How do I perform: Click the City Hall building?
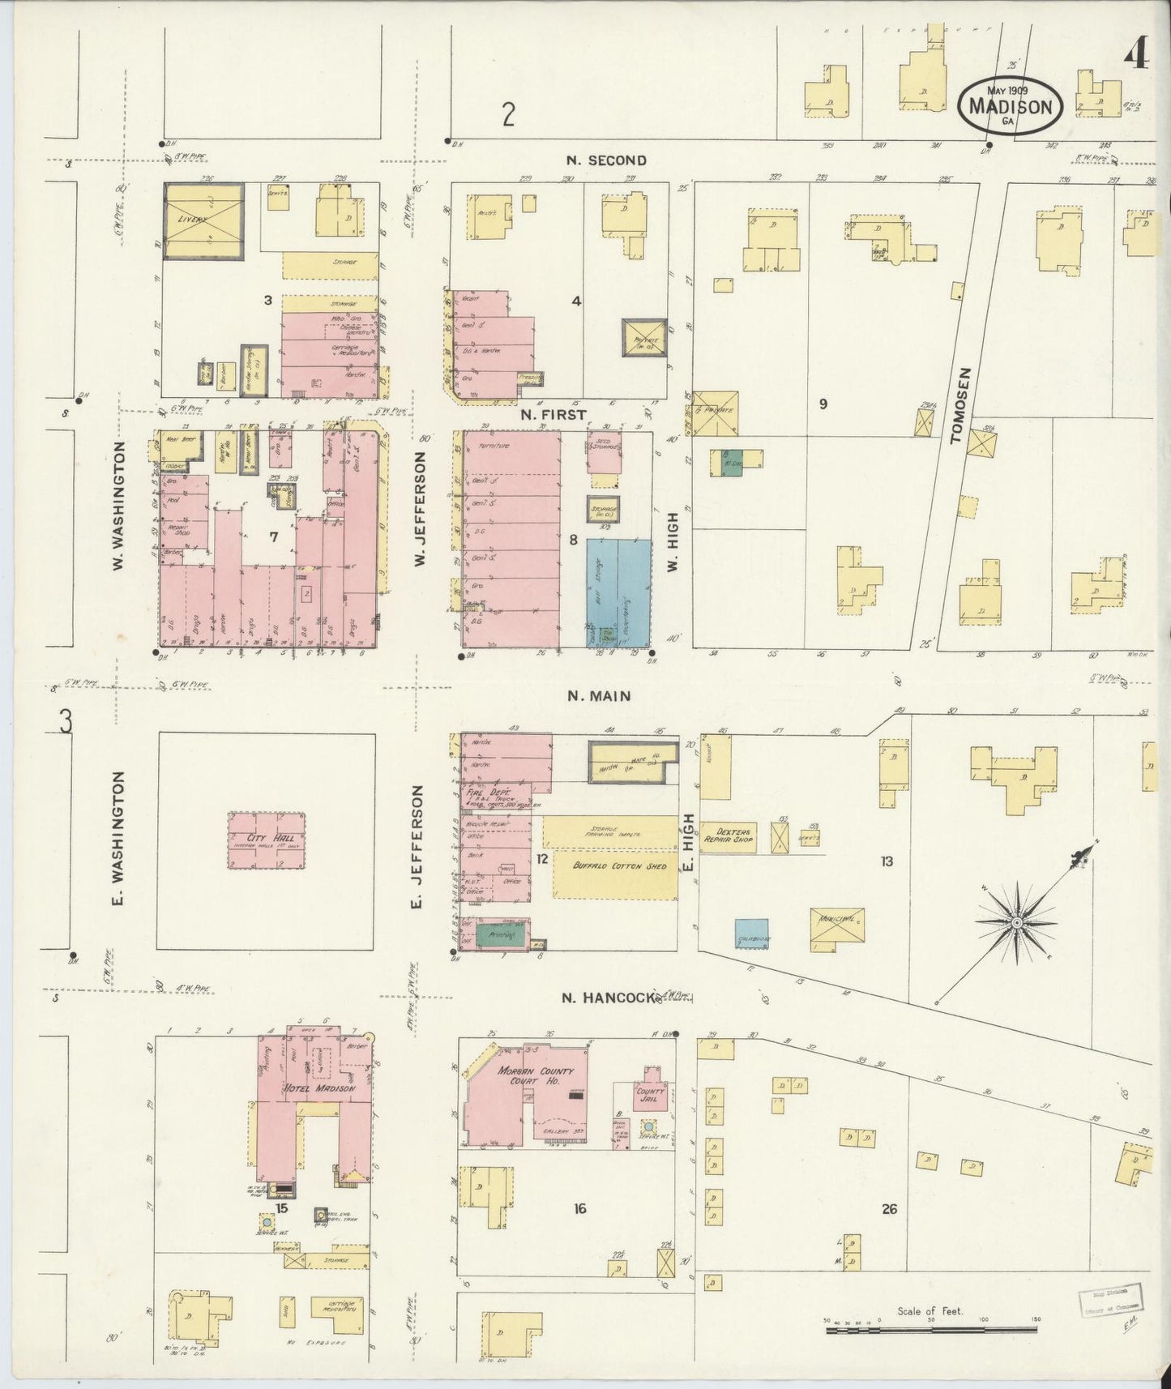click(267, 840)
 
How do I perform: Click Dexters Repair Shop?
click(727, 836)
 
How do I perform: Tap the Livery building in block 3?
click(203, 220)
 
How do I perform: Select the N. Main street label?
click(599, 695)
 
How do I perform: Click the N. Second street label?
click(605, 160)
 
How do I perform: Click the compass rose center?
click(1015, 922)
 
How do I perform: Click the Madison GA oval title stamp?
click(1010, 106)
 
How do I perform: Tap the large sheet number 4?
click(1136, 54)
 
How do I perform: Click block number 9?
click(823, 404)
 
